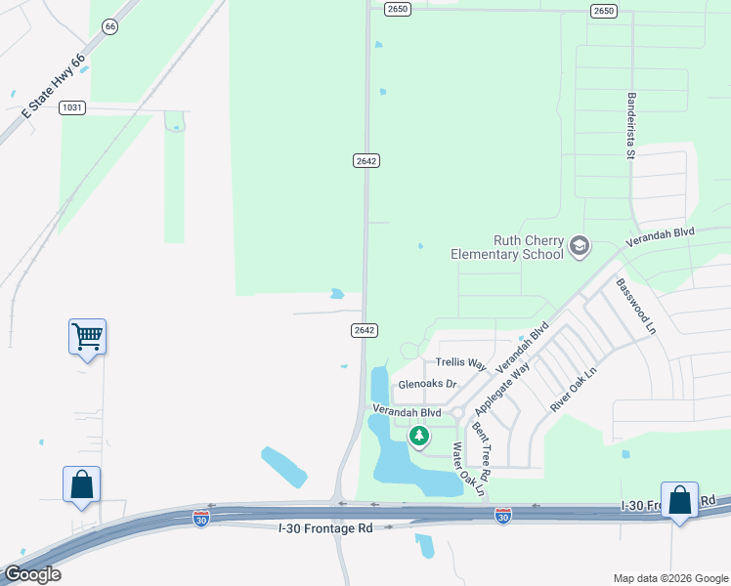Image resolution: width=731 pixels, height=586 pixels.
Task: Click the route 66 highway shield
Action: pyautogui.click(x=110, y=26)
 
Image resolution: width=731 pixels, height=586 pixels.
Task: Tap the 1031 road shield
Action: pyautogui.click(x=71, y=106)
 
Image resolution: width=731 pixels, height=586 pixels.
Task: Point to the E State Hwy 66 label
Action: pyautogui.click(x=53, y=87)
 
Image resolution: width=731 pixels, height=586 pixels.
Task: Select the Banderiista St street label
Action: pyautogui.click(x=631, y=125)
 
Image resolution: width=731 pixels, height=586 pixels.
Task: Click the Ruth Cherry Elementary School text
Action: pyautogui.click(x=507, y=247)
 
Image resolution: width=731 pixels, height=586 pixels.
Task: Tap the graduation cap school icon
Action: pyautogui.click(x=580, y=245)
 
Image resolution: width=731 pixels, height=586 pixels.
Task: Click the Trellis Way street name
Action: pyautogui.click(x=460, y=363)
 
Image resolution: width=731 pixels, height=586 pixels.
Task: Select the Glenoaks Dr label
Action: pyautogui.click(x=427, y=384)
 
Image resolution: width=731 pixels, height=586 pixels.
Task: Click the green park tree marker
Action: pyautogui.click(x=419, y=436)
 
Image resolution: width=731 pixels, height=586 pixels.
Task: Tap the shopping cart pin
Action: pyautogui.click(x=87, y=337)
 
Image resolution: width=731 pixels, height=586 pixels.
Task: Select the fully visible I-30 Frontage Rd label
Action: pyautogui.click(x=323, y=528)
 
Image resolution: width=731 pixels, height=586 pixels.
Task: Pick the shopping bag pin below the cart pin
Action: pyautogui.click(x=81, y=484)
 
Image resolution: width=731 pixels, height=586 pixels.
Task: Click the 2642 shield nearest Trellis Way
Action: pyautogui.click(x=365, y=330)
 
